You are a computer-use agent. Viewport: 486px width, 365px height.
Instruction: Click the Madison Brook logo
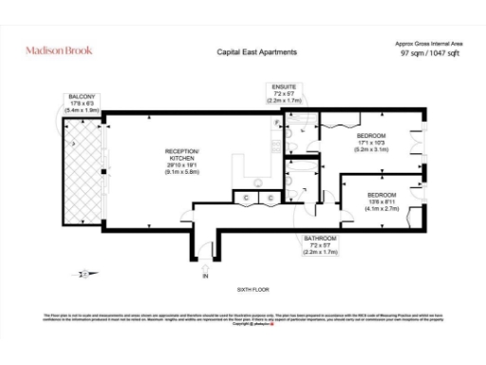pyautogui.click(x=58, y=50)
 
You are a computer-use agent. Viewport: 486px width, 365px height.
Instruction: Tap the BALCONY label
pyautogui.click(x=81, y=97)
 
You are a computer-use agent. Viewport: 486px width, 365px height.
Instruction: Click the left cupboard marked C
pyautogui.click(x=249, y=197)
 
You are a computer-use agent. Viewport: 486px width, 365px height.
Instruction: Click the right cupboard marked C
pyautogui.click(x=270, y=197)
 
